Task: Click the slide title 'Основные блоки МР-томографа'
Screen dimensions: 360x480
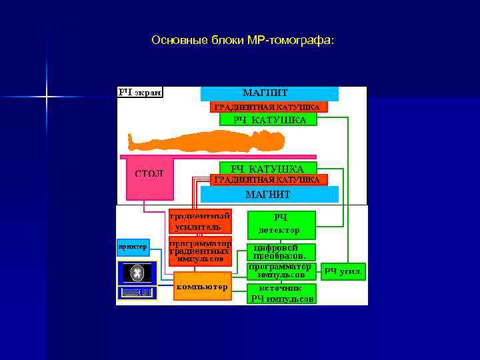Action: click(243, 41)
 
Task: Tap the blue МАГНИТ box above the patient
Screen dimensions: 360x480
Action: click(269, 93)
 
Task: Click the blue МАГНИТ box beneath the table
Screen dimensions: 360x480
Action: click(269, 194)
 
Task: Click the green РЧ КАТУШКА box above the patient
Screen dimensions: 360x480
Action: click(269, 120)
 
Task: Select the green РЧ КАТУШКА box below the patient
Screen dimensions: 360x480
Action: click(267, 169)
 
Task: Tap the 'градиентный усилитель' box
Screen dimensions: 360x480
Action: click(199, 221)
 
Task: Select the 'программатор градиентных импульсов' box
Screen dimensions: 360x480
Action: click(200, 251)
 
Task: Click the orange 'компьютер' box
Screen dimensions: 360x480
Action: click(202, 287)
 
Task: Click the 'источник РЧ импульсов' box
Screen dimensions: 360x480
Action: click(281, 294)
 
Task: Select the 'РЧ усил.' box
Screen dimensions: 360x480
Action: click(343, 271)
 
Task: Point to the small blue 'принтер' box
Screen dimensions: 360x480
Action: click(132, 247)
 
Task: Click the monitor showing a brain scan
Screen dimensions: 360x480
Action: click(137, 272)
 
